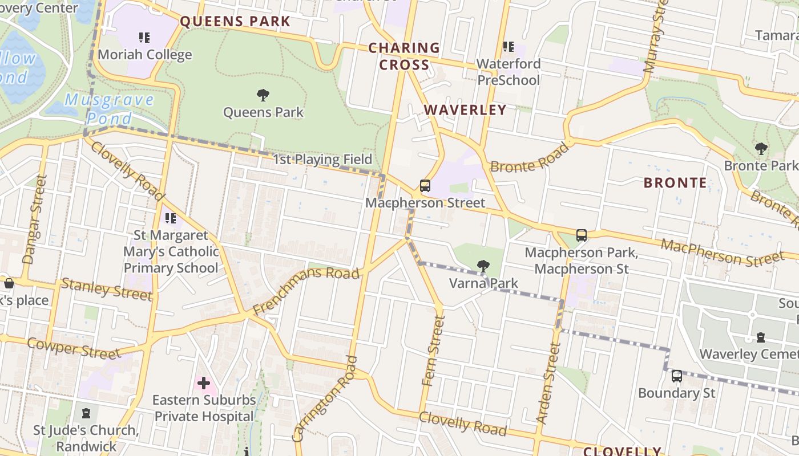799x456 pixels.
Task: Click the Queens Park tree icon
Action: click(263, 95)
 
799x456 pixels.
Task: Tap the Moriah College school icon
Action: click(144, 38)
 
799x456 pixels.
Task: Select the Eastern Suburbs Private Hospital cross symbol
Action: click(204, 383)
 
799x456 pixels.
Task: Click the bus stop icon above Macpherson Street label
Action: click(425, 185)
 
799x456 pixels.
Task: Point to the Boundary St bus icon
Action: click(676, 376)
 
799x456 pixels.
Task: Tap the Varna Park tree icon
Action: click(483, 266)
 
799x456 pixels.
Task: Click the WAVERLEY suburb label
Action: click(465, 110)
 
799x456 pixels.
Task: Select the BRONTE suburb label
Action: click(675, 183)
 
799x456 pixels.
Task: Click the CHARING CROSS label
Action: click(404, 56)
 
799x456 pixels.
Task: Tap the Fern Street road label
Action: click(432, 350)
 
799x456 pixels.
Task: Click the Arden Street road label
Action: click(546, 382)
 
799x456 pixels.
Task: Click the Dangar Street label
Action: click(34, 219)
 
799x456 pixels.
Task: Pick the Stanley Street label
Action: click(107, 289)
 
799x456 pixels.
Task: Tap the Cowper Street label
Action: click(74, 348)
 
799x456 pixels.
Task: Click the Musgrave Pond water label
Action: click(109, 109)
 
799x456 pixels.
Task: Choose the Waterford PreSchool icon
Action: click(508, 47)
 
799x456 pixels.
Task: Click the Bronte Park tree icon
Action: click(761, 149)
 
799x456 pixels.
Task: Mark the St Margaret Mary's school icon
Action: click(170, 218)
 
